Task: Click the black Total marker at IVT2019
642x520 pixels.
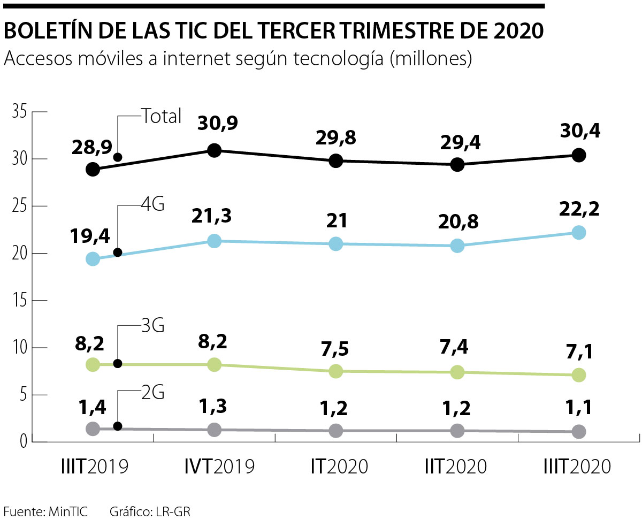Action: click(215, 150)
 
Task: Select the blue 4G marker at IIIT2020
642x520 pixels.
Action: click(578, 233)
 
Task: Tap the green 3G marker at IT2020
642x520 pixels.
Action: click(336, 371)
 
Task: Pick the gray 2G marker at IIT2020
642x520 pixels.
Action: click(457, 431)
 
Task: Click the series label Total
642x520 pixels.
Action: click(161, 116)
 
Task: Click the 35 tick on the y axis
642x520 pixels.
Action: click(19, 112)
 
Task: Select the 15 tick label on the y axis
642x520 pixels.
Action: click(19, 301)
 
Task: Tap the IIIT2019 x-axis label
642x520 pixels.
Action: click(95, 467)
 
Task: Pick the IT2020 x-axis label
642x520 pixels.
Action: click(339, 467)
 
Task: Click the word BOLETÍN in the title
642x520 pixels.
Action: click(48, 32)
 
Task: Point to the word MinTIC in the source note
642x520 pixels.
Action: click(67, 511)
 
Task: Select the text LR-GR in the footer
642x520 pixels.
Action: click(173, 511)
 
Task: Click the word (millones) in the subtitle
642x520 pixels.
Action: click(431, 59)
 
